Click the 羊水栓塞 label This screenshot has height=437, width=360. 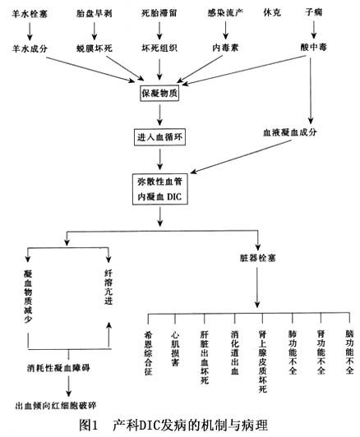coord(30,14)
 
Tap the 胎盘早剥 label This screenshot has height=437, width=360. coord(95,13)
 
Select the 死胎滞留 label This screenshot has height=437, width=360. coord(159,13)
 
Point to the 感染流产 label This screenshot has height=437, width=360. coord(225,12)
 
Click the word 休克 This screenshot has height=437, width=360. coord(272,12)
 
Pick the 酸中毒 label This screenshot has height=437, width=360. coord(314,47)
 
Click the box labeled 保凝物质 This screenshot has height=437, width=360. coord(159,93)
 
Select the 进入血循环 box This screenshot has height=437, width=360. coord(159,137)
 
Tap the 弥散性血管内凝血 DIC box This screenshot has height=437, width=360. coord(159,190)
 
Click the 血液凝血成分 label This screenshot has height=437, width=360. coord(290,132)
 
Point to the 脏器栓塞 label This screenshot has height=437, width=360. coord(258,258)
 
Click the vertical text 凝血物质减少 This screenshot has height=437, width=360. coord(28,297)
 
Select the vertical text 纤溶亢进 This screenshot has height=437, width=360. coord(108,287)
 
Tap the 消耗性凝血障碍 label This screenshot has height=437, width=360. coord(58,368)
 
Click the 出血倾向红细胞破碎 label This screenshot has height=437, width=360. coord(56,406)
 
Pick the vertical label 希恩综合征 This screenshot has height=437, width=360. coord(148,353)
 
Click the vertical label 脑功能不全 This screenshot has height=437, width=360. coord(349,352)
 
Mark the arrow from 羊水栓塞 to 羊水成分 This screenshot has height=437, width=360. coord(30,31)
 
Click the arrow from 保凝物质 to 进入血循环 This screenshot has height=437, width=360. coord(159,115)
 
